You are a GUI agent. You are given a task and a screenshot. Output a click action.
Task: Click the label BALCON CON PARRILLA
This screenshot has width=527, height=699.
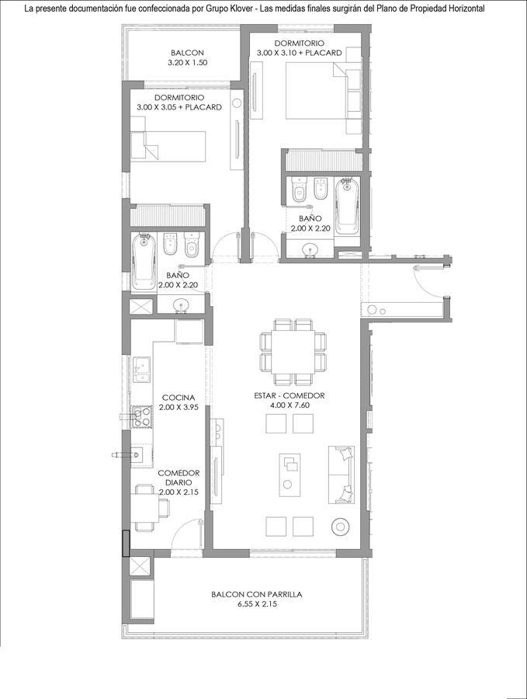(257, 594)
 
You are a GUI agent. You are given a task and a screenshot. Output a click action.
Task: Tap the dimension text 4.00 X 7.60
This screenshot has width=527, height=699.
(290, 405)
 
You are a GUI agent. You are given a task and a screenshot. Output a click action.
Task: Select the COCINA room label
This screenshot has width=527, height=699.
(179, 397)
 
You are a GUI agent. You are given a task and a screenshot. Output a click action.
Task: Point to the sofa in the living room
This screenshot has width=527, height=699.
(342, 475)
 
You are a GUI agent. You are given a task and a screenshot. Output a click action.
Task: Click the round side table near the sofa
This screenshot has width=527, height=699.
(342, 527)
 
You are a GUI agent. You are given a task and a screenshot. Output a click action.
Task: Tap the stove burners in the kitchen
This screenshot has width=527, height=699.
(142, 417)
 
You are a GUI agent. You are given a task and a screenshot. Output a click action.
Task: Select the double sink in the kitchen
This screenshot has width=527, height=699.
(141, 370)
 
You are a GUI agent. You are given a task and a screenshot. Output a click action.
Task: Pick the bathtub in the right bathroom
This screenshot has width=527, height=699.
(346, 206)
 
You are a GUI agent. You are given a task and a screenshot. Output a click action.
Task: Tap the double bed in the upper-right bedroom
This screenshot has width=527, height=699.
(316, 91)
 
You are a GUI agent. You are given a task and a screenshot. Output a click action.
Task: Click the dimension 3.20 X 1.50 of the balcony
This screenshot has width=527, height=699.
(187, 62)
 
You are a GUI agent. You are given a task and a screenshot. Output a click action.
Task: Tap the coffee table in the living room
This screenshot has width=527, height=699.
(290, 475)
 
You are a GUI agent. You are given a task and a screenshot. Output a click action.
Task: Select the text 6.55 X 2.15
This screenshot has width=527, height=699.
(257, 604)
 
